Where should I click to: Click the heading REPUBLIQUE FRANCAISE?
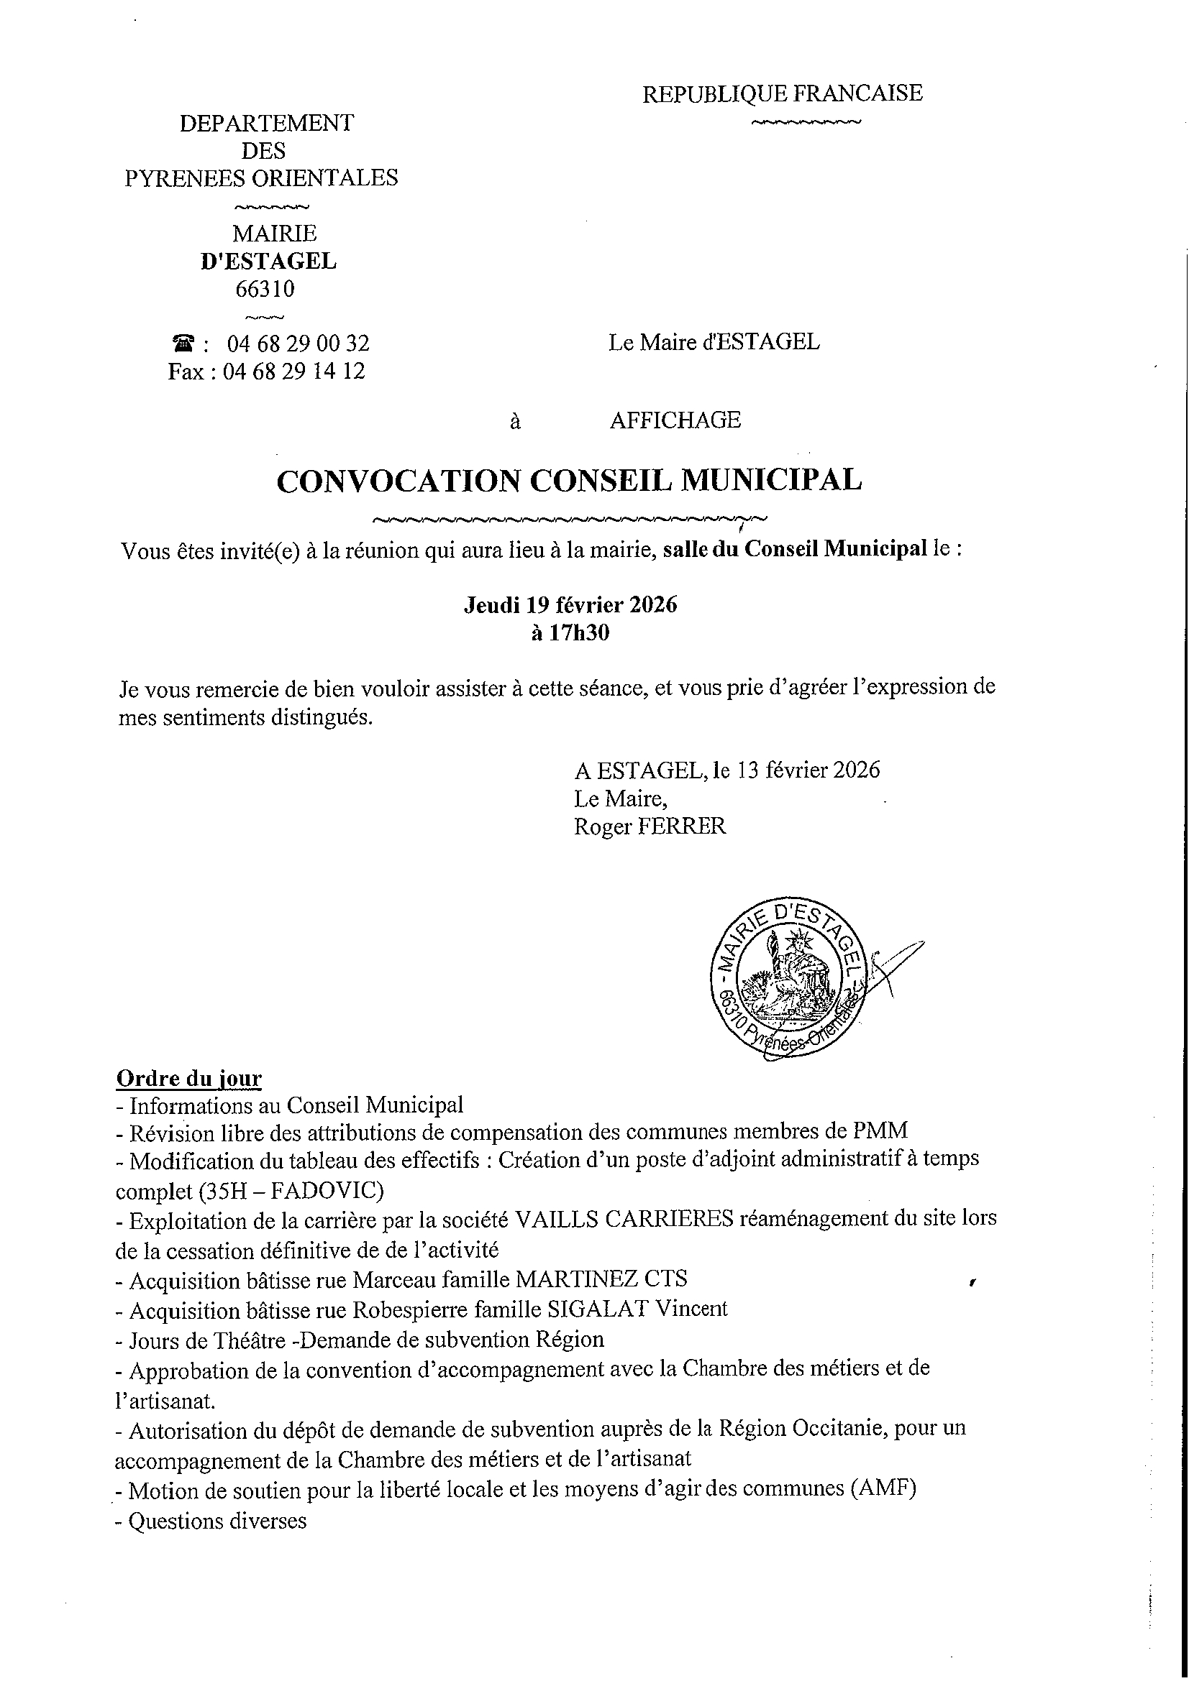(782, 93)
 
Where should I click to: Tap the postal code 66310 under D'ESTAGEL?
(265, 289)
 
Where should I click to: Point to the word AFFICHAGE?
(675, 420)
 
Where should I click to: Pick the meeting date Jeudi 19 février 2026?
(570, 604)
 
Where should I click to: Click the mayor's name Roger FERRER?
(650, 826)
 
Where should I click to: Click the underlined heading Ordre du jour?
(188, 1079)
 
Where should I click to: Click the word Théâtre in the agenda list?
(240, 1339)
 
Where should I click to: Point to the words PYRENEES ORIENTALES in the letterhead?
(262, 178)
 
